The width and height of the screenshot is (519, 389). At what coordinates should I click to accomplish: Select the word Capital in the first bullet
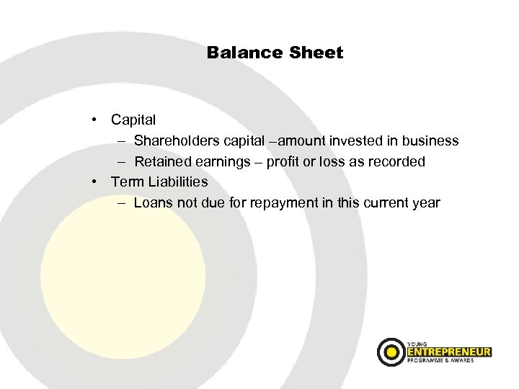click(133, 120)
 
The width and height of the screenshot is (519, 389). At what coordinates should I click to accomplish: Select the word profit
click(285, 161)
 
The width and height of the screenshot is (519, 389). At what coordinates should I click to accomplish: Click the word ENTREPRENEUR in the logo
click(448, 352)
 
